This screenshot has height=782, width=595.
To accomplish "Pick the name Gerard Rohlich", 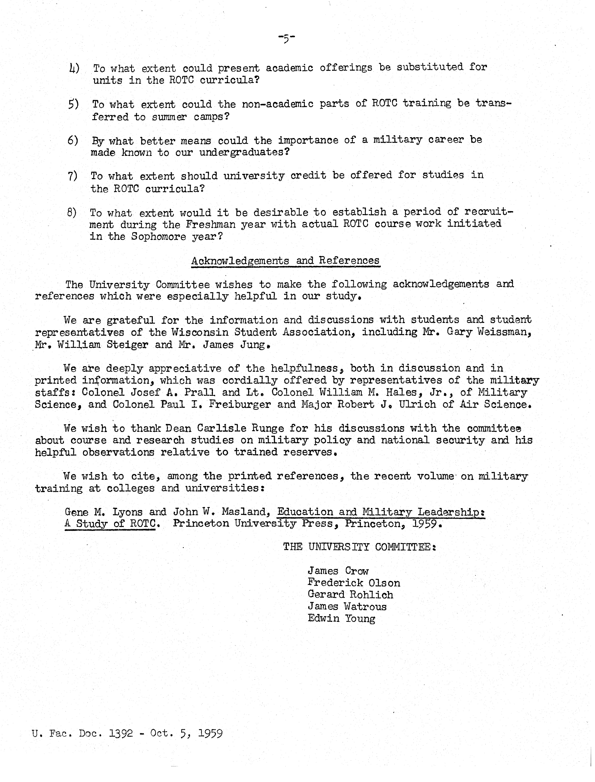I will click(x=350, y=595).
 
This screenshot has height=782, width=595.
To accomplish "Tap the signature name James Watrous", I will click(x=347, y=607).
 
